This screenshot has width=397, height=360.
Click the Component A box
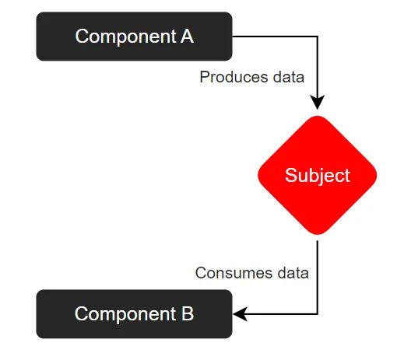tap(134, 37)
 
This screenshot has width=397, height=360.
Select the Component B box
tap(134, 314)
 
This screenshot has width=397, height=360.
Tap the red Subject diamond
tap(318, 175)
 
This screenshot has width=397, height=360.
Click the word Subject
tap(318, 176)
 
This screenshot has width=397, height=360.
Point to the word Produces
tap(234, 77)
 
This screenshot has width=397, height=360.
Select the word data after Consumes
tap(293, 273)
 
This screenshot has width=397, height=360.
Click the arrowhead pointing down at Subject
tap(318, 103)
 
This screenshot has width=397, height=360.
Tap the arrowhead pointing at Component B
tap(240, 314)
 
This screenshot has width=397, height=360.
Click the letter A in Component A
tap(187, 37)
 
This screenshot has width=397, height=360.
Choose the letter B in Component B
tap(188, 314)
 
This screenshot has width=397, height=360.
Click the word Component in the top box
tap(126, 37)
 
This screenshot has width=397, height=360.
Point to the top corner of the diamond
tap(318, 116)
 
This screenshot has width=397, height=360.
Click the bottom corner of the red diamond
tap(318, 234)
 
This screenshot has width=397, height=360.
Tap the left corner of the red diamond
tap(258, 175)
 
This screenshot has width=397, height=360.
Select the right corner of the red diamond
tap(377, 175)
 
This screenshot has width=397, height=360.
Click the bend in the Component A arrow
tap(318, 37)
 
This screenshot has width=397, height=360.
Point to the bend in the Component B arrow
tap(318, 314)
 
